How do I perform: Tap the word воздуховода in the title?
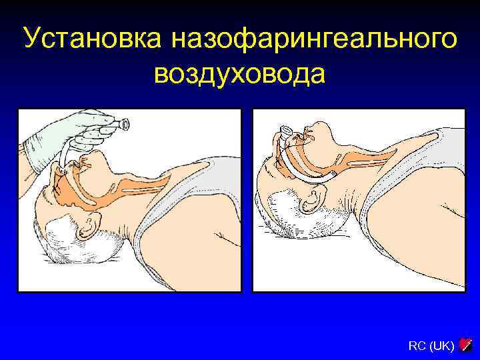[240, 73]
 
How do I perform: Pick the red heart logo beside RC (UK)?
[466, 345]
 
